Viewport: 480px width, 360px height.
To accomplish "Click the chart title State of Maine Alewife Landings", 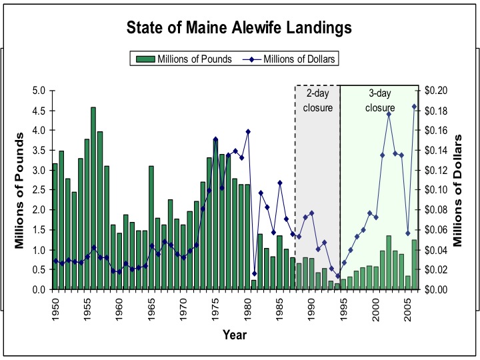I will pos(240,29).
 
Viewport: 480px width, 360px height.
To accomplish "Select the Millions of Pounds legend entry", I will pos(184,59).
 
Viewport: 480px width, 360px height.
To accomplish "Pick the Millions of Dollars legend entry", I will pos(292,59).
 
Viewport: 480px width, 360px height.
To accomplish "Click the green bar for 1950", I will pos(55,227).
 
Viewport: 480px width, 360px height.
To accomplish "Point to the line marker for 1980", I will pos(248,131).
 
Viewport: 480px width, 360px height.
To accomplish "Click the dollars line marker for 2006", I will pos(414,106).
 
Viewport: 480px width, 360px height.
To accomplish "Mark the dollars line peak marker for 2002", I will pos(389,114).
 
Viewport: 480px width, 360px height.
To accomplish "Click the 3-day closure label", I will pos(381,101).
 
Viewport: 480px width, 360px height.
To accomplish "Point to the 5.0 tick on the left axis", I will pos(39,91).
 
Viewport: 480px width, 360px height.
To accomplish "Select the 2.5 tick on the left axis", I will pos(39,190).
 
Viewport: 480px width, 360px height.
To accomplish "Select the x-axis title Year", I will pos(234,335).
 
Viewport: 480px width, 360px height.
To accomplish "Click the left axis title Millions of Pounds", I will pos(19,191).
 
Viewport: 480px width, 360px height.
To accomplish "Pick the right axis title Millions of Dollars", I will pos(459,190).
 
